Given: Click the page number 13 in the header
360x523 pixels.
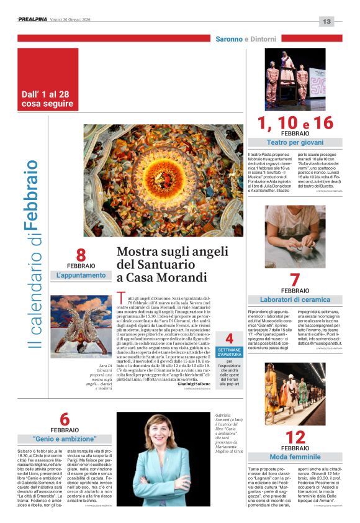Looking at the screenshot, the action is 327,21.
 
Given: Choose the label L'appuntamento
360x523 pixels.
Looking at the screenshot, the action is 81,275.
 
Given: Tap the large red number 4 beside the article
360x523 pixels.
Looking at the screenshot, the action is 229,339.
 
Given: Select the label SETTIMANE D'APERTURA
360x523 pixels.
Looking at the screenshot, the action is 229,353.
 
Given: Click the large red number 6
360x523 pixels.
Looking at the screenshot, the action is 65,419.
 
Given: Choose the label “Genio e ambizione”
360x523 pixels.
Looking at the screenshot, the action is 65,439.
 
